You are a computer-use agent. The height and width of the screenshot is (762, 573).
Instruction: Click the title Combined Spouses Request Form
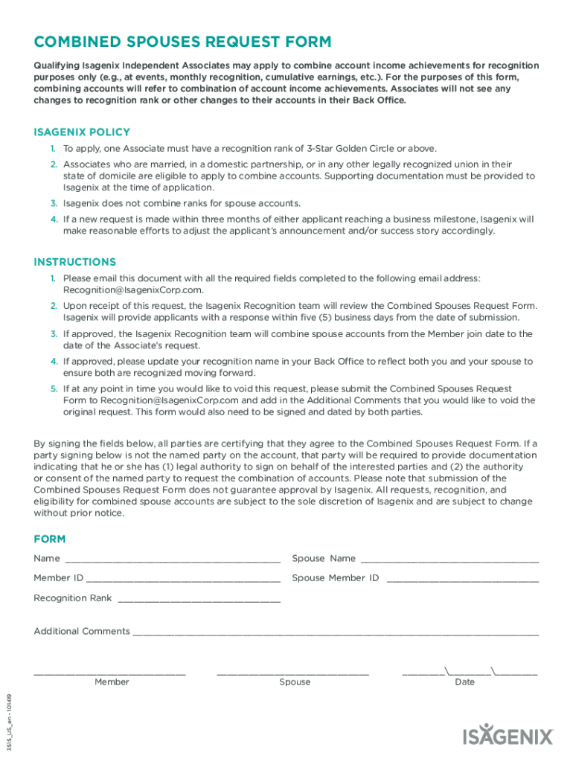tap(182, 42)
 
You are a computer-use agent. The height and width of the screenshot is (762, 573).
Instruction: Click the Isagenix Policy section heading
tap(82, 132)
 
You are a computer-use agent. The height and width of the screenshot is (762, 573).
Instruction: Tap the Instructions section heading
tap(74, 262)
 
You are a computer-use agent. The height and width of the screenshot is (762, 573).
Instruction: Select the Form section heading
tap(49, 539)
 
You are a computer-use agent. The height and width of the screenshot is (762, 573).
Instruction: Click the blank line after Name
tap(173, 559)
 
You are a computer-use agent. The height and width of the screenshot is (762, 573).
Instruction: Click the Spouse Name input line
tap(449, 559)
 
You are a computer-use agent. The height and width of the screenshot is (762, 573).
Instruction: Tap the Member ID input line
tap(183, 578)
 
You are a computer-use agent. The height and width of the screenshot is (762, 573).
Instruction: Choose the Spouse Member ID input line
tap(462, 578)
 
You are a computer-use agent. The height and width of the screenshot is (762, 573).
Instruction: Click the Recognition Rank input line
tap(199, 598)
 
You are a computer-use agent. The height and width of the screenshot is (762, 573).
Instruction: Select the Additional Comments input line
tap(335, 632)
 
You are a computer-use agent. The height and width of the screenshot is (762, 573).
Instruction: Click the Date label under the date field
tap(464, 682)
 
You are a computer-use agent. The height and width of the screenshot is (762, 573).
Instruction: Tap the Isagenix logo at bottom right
tap(508, 736)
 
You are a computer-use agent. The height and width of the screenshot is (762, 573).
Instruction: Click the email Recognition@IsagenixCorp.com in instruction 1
tap(132, 290)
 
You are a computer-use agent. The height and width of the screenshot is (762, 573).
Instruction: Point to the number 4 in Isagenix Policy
tap(54, 220)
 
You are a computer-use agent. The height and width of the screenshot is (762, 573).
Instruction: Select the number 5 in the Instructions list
tap(54, 388)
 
